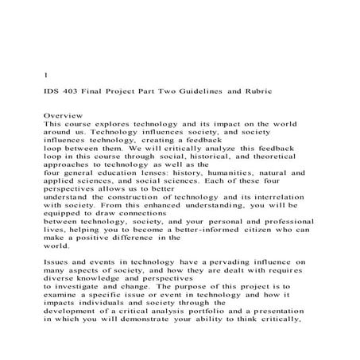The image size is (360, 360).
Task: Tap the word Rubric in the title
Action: pyautogui.click(x=252, y=93)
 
